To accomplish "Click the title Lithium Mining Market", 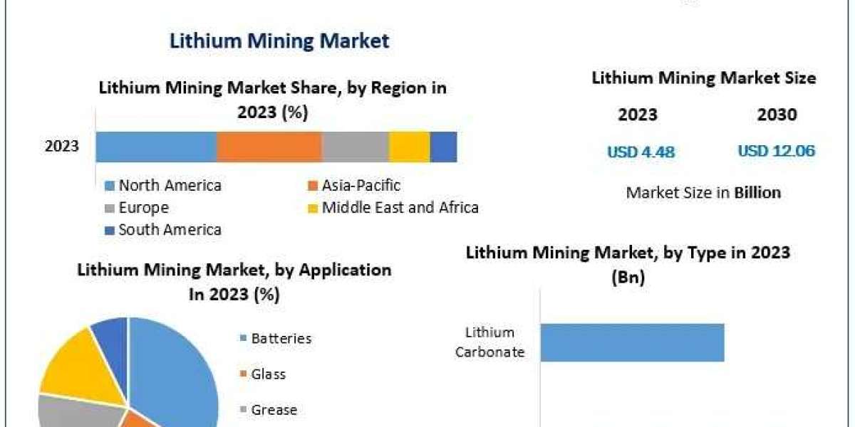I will coord(279,41).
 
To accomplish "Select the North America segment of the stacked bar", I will coord(156,147).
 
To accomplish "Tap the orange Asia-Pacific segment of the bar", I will coord(269,147).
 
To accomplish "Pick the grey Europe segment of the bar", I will coord(355,147).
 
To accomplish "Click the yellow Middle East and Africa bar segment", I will coord(409,147).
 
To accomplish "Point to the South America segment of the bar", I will coord(443,147).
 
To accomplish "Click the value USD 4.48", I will coord(641,152).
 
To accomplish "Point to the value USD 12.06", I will coord(776,151).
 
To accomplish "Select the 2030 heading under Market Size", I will coord(777,115).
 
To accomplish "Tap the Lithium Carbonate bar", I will coord(632,342).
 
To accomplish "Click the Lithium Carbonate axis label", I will coord(489,342).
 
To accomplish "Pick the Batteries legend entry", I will coord(281,339).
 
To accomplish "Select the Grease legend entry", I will coord(274,410).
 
